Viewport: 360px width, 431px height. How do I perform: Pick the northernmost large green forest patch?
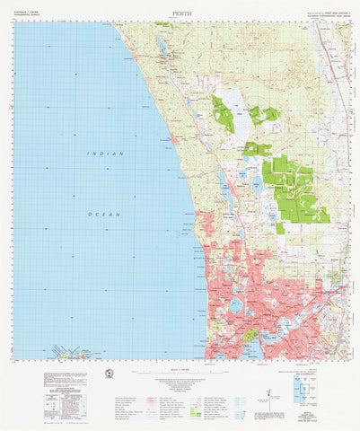click(x=223, y=115)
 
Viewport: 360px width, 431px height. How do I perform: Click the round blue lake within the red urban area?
click(x=234, y=306)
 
